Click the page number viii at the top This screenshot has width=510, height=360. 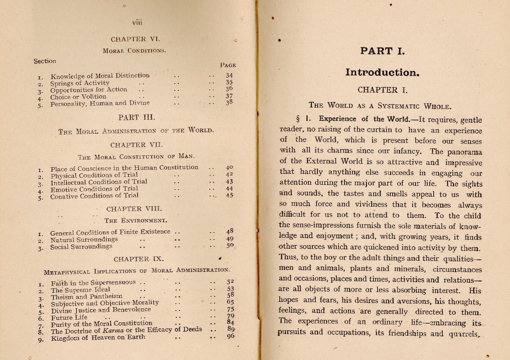pos(137,23)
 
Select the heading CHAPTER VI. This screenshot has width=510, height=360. pos(135,39)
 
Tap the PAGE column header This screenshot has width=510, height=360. pos(228,65)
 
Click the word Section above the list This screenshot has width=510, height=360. pos(45,61)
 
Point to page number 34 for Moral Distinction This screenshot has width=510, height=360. pos(229,76)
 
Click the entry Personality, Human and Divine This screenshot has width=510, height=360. pos(100,104)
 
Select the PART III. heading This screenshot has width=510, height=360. pos(136,117)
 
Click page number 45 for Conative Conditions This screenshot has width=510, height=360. pos(229,195)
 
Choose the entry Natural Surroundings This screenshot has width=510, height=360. pos(84,240)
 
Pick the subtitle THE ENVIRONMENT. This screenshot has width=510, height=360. pos(136,221)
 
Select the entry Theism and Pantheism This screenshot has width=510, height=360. pos(87,297)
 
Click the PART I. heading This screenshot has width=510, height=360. pos(382,51)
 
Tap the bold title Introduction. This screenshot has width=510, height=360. pos(382,73)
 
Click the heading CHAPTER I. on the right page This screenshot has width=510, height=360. pos(382,90)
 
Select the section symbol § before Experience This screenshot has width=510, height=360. pos(298,119)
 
